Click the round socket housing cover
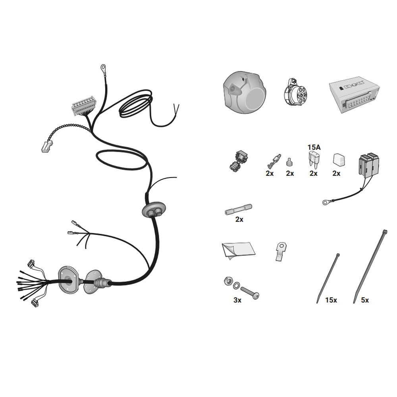pyautogui.click(x=244, y=92)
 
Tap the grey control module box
pyautogui.click(x=354, y=95)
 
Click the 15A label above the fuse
pyautogui.click(x=314, y=147)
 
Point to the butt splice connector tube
pyautogui.click(x=239, y=209)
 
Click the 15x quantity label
pyautogui.click(x=331, y=300)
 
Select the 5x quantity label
pyautogui.click(x=365, y=300)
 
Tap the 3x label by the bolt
pyautogui.click(x=237, y=300)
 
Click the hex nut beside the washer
pyautogui.click(x=228, y=281)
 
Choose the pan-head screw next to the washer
pyautogui.click(x=250, y=293)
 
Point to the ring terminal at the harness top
pyautogui.click(x=103, y=67)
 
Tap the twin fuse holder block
pyautogui.click(x=369, y=165)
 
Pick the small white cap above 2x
pyautogui.click(x=337, y=159)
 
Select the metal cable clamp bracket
pyautogui.click(x=281, y=251)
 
